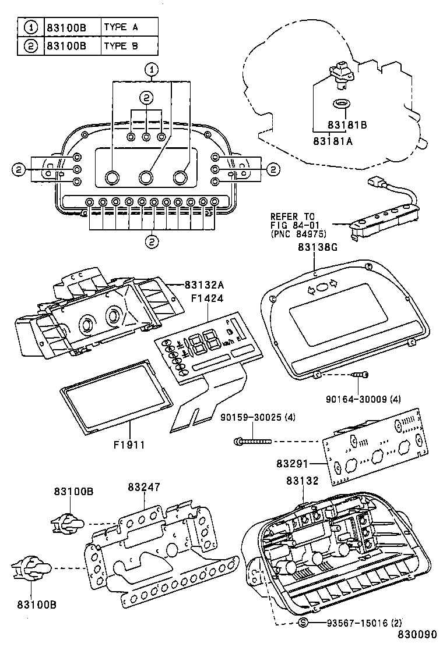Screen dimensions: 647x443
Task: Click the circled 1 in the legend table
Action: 30,27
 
